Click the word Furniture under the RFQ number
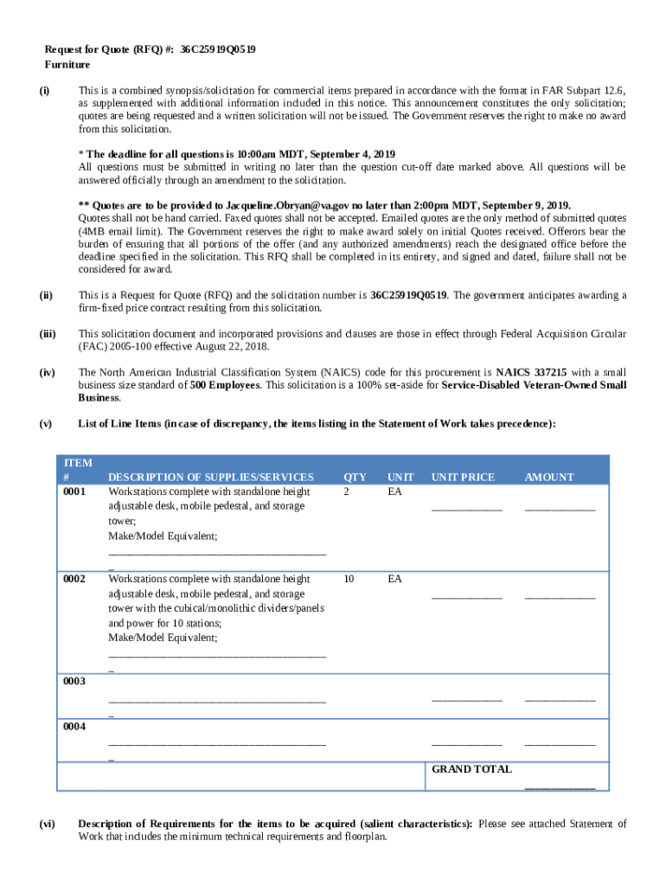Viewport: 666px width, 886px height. pyautogui.click(x=67, y=65)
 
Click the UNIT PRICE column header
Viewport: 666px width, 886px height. pyautogui.click(x=463, y=477)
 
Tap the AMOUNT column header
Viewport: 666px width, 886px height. pyautogui.click(x=548, y=477)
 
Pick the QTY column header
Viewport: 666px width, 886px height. pyautogui.click(x=355, y=477)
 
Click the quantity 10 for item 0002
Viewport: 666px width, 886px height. pyautogui.click(x=349, y=578)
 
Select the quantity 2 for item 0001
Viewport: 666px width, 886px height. pyautogui.click(x=347, y=491)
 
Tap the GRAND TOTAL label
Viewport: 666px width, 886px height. pyautogui.click(x=471, y=769)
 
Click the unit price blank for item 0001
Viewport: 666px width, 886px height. pyautogui.click(x=467, y=508)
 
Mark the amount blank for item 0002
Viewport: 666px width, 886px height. pyautogui.click(x=560, y=595)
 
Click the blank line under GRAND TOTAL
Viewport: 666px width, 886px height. pyautogui.click(x=560, y=786)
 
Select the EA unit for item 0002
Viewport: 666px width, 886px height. pyautogui.click(x=394, y=578)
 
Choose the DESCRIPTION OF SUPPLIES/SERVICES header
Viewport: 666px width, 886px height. pyautogui.click(x=210, y=477)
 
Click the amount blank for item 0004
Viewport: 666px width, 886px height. pyautogui.click(x=560, y=743)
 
